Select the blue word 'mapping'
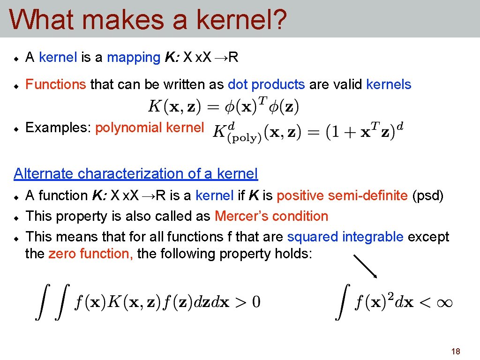click(134, 58)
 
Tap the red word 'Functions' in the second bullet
click(56, 84)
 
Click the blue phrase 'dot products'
click(266, 84)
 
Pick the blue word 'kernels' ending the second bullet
click(389, 84)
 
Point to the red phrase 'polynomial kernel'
click(150, 127)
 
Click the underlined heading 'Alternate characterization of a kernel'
click(136, 174)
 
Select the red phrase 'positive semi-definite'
click(342, 195)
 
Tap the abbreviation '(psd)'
click(427, 195)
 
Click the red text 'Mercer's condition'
click(271, 216)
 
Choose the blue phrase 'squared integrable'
click(345, 237)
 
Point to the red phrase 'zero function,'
click(91, 254)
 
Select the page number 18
click(455, 352)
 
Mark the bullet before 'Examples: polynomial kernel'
click(15, 128)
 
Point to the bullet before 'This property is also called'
click(15, 217)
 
